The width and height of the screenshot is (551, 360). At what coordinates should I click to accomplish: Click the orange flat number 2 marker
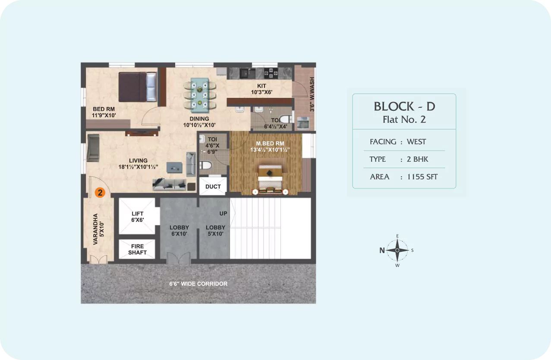point(100,193)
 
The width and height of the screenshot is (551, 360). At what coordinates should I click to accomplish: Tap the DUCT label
point(213,187)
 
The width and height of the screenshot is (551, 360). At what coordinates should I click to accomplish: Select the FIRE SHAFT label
point(137,250)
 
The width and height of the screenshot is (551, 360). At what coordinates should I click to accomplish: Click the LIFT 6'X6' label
point(137,217)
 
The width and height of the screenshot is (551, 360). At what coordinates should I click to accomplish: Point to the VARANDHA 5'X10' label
point(98,229)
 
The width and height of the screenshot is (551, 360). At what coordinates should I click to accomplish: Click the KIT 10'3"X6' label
point(261,89)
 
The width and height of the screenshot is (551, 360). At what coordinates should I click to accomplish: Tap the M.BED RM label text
point(270,144)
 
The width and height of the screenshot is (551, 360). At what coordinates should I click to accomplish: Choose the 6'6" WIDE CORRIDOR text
point(198,284)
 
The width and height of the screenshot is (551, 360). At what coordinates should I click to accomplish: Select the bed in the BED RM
point(138,87)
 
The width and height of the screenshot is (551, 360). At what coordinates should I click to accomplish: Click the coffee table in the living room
point(174,168)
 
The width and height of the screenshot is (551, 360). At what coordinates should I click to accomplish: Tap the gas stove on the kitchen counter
point(271,73)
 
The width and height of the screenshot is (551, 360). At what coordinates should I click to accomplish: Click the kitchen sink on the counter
point(248,73)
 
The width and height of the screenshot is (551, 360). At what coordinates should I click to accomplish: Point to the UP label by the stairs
point(223,213)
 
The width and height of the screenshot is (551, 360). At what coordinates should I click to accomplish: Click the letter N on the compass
point(382,250)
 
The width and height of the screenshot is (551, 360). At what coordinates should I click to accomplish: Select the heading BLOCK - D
point(404,106)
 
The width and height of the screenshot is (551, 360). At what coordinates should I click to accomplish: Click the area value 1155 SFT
point(422,177)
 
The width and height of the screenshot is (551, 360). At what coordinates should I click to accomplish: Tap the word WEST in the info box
point(416,142)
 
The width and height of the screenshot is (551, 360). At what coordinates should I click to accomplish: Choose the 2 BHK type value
point(417,159)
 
